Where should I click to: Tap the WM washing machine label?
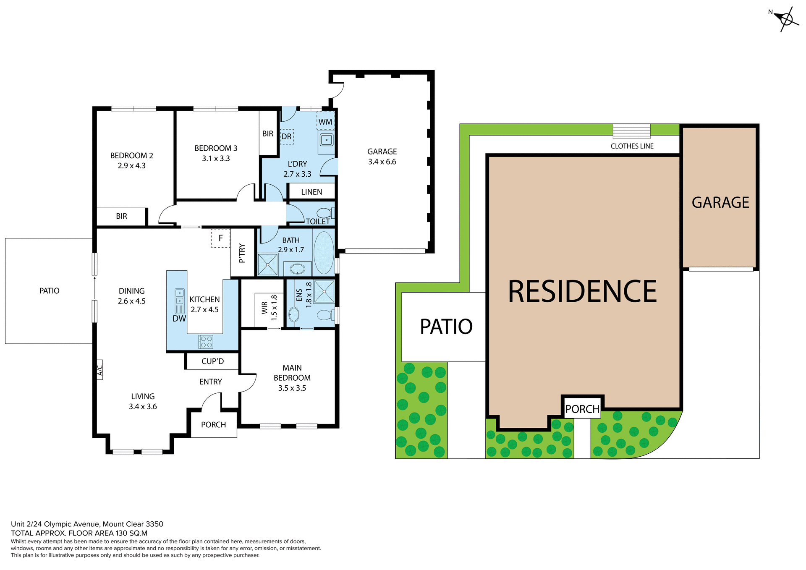pos(325,122)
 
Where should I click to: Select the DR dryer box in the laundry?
pos(286,136)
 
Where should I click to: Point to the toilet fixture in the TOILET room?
pos(324,213)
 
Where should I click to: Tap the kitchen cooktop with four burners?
pos(206,342)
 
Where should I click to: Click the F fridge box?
pos(221,238)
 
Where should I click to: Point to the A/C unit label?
pos(100,370)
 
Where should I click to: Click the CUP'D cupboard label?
pos(212,361)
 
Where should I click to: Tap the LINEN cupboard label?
pos(311,192)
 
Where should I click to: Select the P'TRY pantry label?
pos(242,253)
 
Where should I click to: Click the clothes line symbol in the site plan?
pos(631,131)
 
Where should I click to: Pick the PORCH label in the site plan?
pos(582,409)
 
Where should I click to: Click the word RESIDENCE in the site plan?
pos(582,291)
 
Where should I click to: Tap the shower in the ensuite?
pos(324,291)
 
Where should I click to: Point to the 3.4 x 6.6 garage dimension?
pos(382,162)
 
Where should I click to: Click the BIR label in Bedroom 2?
pos(121,216)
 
